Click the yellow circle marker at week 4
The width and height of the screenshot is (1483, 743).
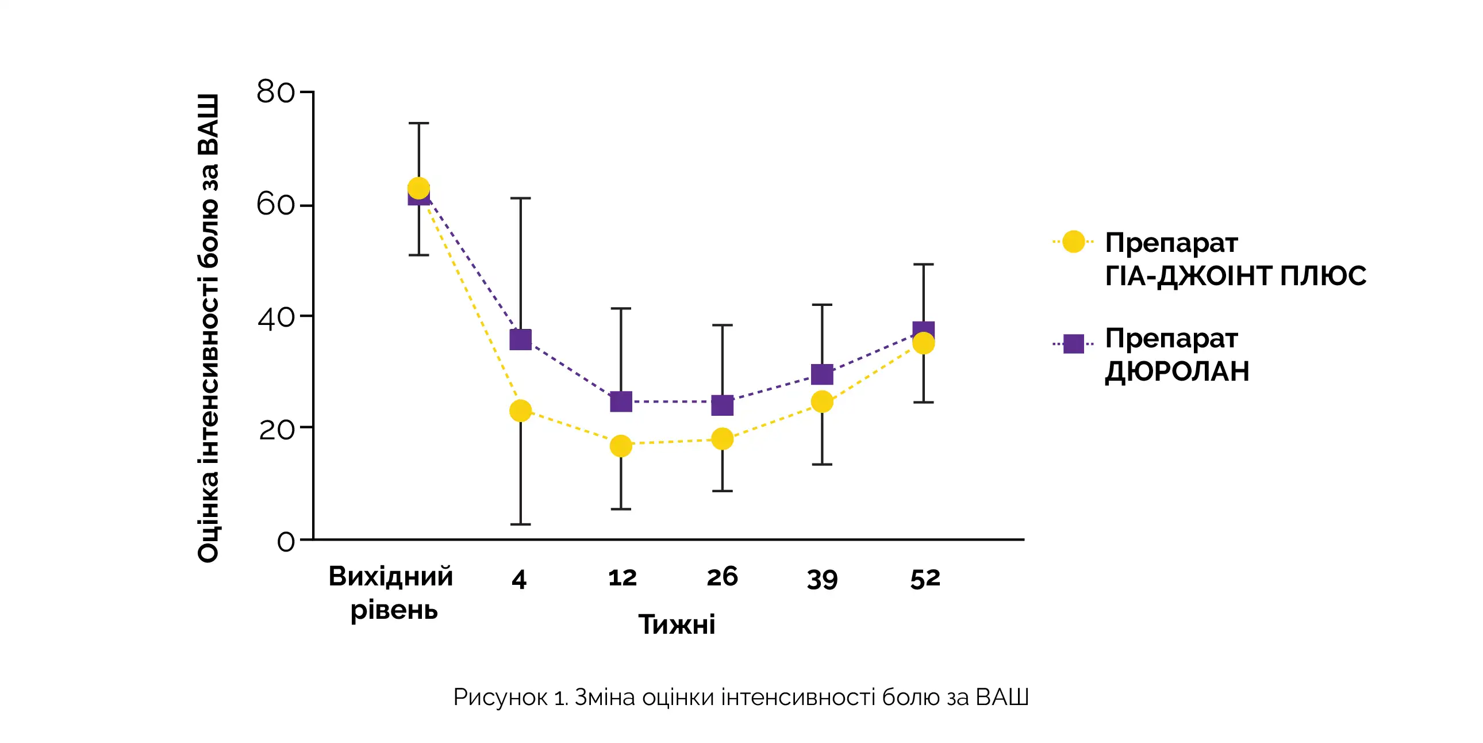pos(520,411)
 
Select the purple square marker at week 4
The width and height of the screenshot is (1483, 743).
pos(520,340)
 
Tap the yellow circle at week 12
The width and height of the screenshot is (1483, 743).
pos(621,445)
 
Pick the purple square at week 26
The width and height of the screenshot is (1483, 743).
pos(723,405)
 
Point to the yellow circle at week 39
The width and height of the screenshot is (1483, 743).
pos(822,401)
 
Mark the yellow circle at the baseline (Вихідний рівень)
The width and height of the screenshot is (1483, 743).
pos(418,188)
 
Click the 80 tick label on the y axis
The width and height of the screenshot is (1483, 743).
pos(275,92)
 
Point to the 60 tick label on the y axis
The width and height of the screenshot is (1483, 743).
pos(275,205)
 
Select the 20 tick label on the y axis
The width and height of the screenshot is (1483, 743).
pos(276,429)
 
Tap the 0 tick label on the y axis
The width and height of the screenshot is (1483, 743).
pos(286,541)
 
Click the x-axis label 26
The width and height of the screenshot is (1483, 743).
pos(723,577)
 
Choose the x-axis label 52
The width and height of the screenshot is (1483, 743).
pos(925,579)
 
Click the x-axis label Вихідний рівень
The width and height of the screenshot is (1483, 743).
pos(391,593)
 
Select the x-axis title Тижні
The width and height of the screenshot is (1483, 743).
pos(677,625)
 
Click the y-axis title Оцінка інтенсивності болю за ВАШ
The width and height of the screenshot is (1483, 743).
pos(208,328)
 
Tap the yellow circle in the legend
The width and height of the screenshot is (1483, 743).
pos(1074,242)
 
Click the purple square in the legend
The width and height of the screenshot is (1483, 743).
pos(1074,344)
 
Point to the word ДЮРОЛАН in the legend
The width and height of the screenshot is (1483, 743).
pos(1177,371)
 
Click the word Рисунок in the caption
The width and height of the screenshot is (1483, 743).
pos(500,697)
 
